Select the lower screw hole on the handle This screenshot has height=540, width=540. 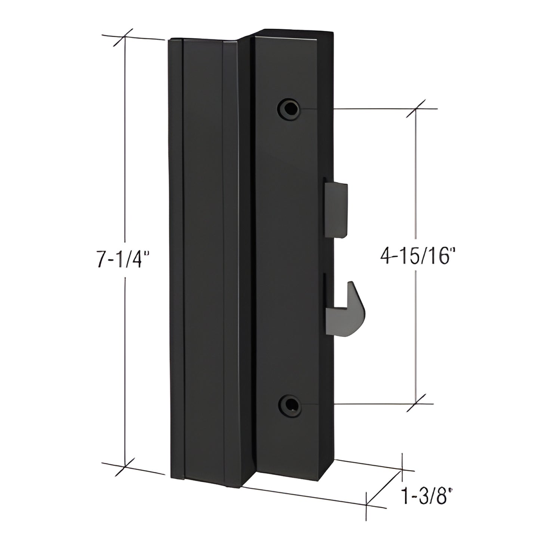tap(288, 404)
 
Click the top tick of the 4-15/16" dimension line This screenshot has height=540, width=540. tap(417, 109)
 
